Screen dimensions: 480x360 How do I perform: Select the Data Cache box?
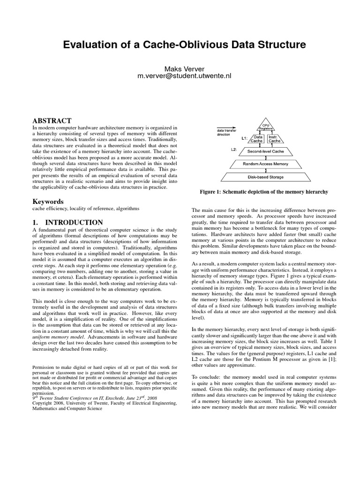(258, 139)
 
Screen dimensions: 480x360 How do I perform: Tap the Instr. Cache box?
(275, 139)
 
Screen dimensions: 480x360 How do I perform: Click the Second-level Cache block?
(265, 152)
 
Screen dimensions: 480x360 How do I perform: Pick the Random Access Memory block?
(265, 164)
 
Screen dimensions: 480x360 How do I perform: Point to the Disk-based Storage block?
(265, 177)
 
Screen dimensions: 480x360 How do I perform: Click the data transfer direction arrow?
(225, 127)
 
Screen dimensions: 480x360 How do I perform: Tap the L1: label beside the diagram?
(244, 139)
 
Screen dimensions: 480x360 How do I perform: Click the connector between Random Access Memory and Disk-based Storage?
(266, 171)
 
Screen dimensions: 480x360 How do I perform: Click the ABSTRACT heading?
(52, 120)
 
